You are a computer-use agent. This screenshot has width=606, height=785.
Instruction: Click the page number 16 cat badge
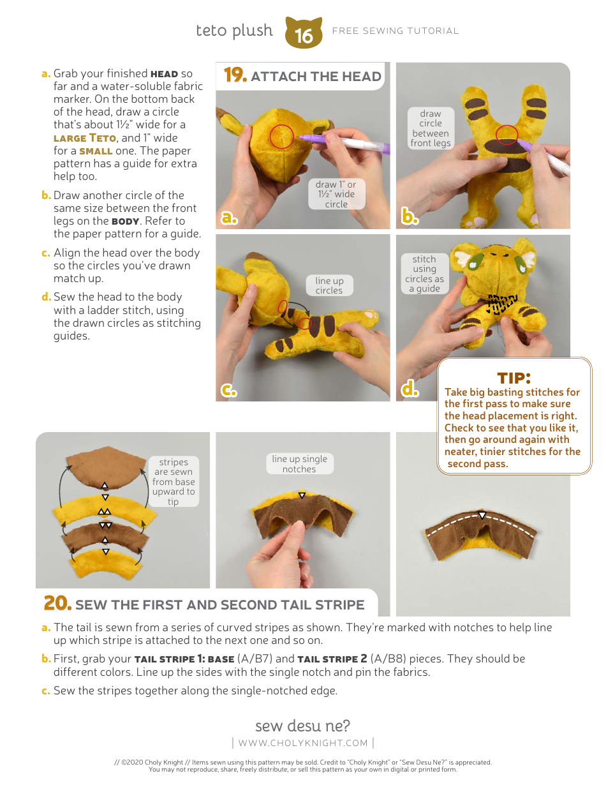pos(304,33)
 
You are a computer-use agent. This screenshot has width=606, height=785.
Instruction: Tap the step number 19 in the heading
pos(235,76)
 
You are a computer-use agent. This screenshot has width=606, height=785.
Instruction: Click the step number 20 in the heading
pos(57,603)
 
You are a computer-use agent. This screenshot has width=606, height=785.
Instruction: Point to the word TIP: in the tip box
pos(514,378)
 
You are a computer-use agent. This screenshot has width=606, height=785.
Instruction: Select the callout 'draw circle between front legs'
pos(431,128)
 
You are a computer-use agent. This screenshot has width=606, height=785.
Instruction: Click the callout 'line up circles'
pos(329,285)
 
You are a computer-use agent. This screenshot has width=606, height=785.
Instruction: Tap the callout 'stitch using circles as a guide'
pos(424,274)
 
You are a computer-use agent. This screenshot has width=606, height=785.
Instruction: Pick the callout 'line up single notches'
pos(299,464)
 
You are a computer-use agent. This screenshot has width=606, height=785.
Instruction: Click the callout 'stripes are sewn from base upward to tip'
pos(174,482)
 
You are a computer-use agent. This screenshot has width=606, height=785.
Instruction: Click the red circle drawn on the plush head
pos(281,136)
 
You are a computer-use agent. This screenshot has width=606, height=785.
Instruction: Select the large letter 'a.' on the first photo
pos(229,218)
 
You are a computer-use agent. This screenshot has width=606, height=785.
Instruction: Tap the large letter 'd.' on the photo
pos(410,389)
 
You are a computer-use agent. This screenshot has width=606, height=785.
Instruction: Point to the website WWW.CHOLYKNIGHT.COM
pos(303,743)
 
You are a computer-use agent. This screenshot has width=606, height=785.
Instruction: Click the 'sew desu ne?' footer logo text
pos(303,726)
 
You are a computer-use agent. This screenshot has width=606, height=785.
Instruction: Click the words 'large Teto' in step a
pos(85,138)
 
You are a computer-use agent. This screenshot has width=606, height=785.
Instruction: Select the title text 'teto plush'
pos(234,31)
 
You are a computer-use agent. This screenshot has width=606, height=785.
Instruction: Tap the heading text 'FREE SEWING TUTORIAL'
pos(395,31)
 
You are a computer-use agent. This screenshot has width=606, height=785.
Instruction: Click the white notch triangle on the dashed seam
pos(482,516)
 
